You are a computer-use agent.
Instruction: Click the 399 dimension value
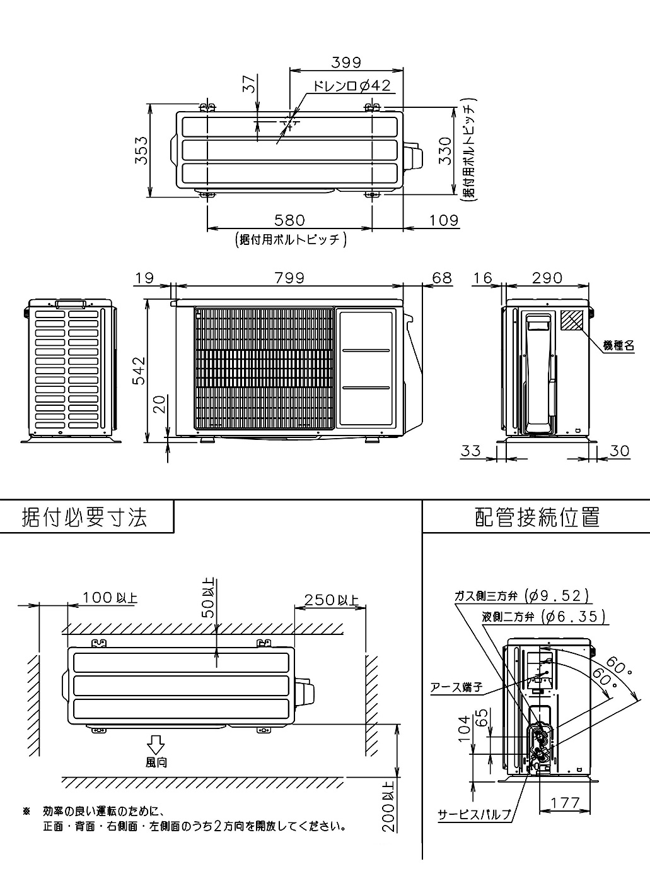345,62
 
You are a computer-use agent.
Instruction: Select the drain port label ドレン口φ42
352,86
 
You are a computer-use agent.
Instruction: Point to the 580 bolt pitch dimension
289,220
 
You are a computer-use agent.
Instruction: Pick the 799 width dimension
289,278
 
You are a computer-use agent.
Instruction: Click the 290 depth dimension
547,278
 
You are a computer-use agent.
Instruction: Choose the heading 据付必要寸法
84,518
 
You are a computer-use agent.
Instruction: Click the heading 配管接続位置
537,518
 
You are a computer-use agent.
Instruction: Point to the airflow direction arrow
156,743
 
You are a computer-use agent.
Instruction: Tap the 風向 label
156,762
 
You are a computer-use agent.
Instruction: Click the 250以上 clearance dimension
331,599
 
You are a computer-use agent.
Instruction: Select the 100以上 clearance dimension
110,597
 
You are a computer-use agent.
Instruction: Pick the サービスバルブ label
475,815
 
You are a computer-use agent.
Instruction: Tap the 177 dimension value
564,803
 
